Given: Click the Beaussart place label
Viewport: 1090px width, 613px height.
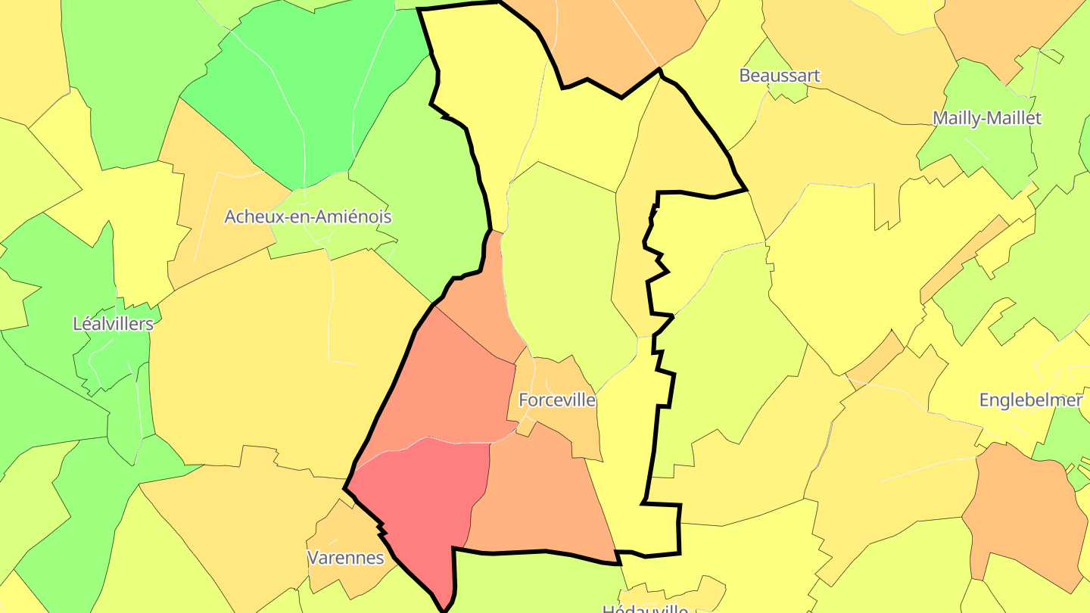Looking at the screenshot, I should (x=779, y=76).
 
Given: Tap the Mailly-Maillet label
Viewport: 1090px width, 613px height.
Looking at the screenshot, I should (x=986, y=118).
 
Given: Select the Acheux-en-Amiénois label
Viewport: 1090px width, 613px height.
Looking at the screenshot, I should (x=307, y=216).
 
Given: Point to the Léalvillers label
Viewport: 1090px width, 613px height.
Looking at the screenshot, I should (x=113, y=324).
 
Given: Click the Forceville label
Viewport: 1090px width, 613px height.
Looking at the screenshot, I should (x=556, y=400).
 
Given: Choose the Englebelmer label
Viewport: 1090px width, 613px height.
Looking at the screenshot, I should (x=1030, y=400).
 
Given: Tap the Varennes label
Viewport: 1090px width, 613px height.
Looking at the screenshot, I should (x=345, y=558).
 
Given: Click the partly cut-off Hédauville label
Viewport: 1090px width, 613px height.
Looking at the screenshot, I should (x=645, y=608).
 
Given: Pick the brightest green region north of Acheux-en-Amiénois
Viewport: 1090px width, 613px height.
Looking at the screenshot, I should (x=303, y=91).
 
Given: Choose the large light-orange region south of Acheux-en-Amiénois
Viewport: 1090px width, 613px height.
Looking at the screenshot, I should (x=288, y=363).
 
